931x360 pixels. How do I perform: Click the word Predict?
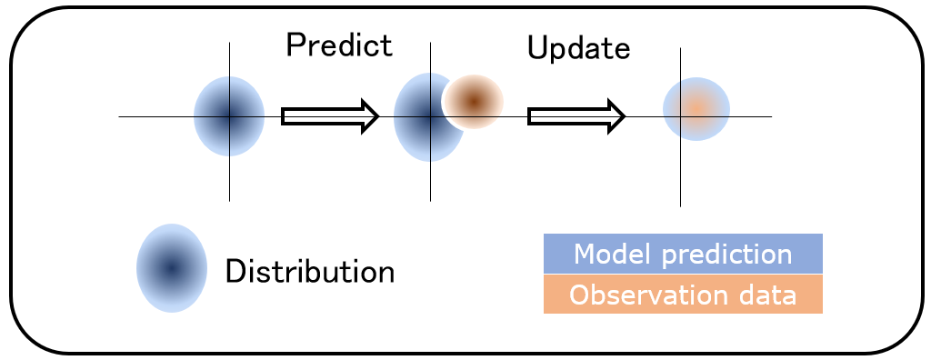click(339, 46)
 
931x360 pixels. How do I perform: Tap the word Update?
click(578, 49)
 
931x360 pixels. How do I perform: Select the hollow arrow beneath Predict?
click(330, 116)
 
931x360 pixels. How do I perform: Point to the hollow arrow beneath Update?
click(576, 116)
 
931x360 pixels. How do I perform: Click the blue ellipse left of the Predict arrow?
click(229, 116)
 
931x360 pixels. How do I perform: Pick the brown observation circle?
click(473, 101)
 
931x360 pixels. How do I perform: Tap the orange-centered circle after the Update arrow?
click(696, 108)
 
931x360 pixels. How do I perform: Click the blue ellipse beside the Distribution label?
click(171, 268)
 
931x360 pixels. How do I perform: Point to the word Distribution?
click(310, 271)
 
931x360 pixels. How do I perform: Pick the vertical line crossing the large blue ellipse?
click(429, 182)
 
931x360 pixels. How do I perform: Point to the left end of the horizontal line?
click(121, 116)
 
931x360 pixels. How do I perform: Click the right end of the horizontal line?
click(770, 116)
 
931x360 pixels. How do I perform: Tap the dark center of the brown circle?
click(473, 100)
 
